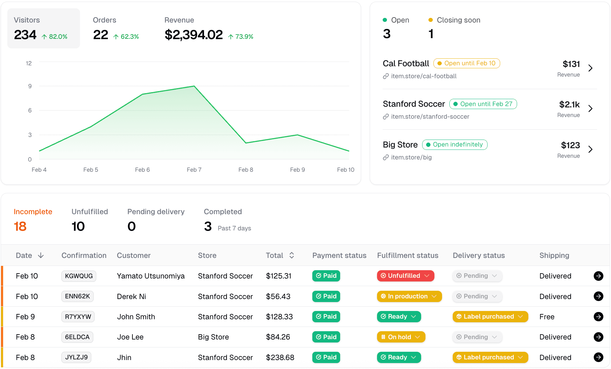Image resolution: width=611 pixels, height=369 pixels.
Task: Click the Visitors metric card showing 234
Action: click(43, 29)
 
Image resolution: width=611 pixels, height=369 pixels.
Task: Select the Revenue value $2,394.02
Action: click(193, 35)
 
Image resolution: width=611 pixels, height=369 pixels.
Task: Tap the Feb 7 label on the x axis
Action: click(194, 170)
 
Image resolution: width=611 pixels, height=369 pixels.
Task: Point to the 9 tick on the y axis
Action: click(30, 86)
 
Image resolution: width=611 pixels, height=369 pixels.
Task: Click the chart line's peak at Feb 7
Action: click(194, 86)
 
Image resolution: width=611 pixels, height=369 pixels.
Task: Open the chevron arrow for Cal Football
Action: click(590, 68)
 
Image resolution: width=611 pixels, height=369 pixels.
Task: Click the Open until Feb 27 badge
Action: click(483, 104)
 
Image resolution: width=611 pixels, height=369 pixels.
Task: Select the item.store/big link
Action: click(411, 157)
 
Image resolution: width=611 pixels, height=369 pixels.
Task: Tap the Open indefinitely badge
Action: click(455, 145)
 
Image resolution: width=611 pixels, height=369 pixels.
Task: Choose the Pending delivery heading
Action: click(156, 212)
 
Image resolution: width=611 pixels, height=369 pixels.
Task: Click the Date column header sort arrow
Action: click(41, 255)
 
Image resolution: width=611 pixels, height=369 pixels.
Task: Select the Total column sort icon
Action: click(292, 255)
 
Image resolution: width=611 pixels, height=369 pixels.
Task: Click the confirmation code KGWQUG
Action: click(79, 276)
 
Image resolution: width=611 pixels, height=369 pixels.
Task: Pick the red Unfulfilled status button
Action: click(405, 276)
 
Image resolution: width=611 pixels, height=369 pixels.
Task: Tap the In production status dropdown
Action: click(409, 296)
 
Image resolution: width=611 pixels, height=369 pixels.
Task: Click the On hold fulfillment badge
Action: click(401, 337)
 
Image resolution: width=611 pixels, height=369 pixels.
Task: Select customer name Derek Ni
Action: click(131, 296)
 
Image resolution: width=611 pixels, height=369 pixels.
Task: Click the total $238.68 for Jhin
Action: click(280, 357)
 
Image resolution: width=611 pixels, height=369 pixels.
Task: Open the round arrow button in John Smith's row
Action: click(598, 317)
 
